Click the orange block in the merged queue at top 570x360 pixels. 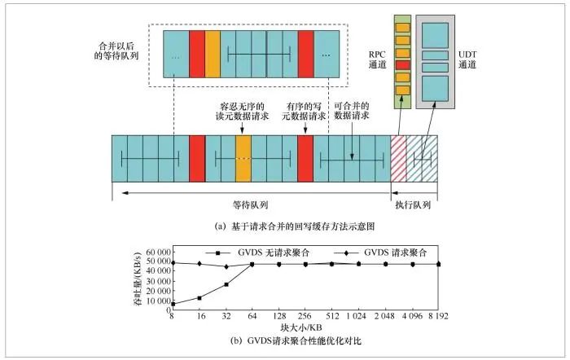coord(213,54)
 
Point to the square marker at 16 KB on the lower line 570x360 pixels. coord(199,298)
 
